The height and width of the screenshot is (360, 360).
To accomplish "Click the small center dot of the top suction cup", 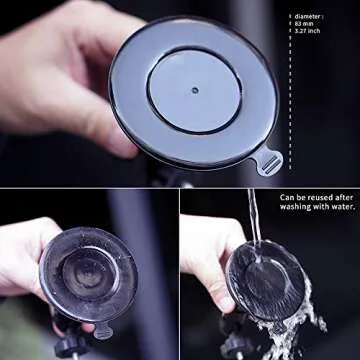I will (194, 89).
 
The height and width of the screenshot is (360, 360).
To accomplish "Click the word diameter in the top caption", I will (309, 16).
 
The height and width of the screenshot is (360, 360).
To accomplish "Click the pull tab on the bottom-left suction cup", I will (102, 331).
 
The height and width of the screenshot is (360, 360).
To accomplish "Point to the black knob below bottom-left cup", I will (68, 345).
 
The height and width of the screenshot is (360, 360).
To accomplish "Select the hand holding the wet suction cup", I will (205, 255).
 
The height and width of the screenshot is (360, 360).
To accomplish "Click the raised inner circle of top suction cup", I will (194, 89).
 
